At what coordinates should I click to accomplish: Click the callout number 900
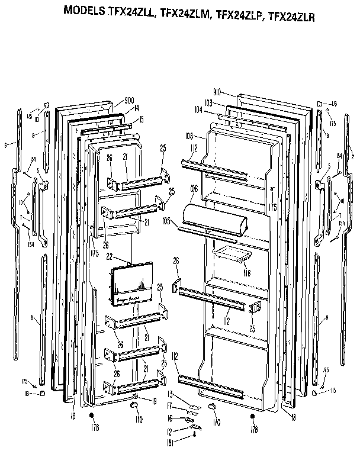click(131, 99)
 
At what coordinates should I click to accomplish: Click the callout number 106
click(193, 189)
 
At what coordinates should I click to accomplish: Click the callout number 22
click(126, 256)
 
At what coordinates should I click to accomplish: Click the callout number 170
click(216, 422)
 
